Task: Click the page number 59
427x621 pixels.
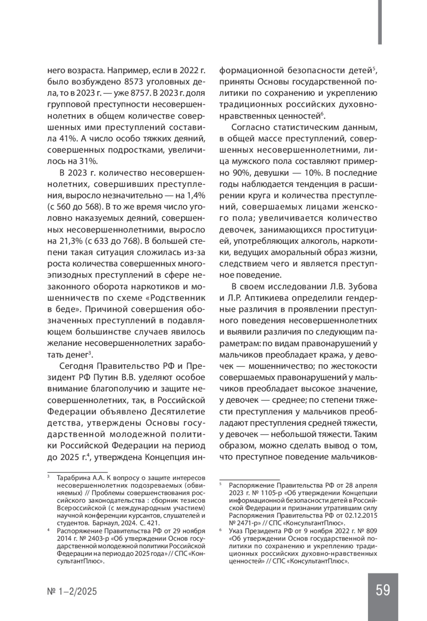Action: [x=383, y=590]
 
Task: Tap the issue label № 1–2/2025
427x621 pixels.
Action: [x=72, y=591]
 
